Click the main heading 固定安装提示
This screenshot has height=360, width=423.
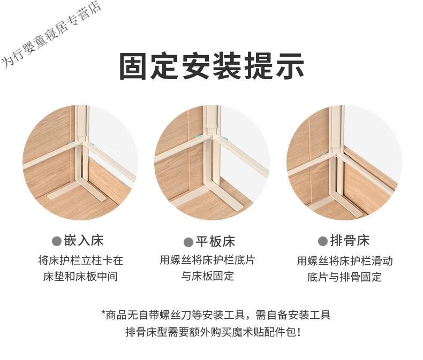212,66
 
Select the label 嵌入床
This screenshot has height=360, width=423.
84,241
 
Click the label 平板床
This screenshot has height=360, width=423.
215,242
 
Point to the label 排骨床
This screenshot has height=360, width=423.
350,241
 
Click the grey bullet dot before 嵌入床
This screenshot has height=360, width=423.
57,241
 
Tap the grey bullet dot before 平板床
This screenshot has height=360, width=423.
188,242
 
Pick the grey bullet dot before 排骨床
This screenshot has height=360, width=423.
323,241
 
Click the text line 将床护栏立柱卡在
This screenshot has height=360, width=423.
80,261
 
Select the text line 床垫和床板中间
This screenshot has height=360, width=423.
80,277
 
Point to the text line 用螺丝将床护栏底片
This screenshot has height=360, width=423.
207,260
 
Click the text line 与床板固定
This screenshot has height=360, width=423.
207,276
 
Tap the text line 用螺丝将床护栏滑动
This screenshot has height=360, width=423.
344,261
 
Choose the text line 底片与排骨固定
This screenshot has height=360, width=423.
344,277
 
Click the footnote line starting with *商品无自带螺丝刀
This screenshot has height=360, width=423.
216,315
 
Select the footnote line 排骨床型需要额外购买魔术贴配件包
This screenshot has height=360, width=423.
213,332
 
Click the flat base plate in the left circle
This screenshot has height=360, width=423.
77,192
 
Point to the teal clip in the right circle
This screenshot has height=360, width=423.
327,155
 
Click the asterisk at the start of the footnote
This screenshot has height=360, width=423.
103,313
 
